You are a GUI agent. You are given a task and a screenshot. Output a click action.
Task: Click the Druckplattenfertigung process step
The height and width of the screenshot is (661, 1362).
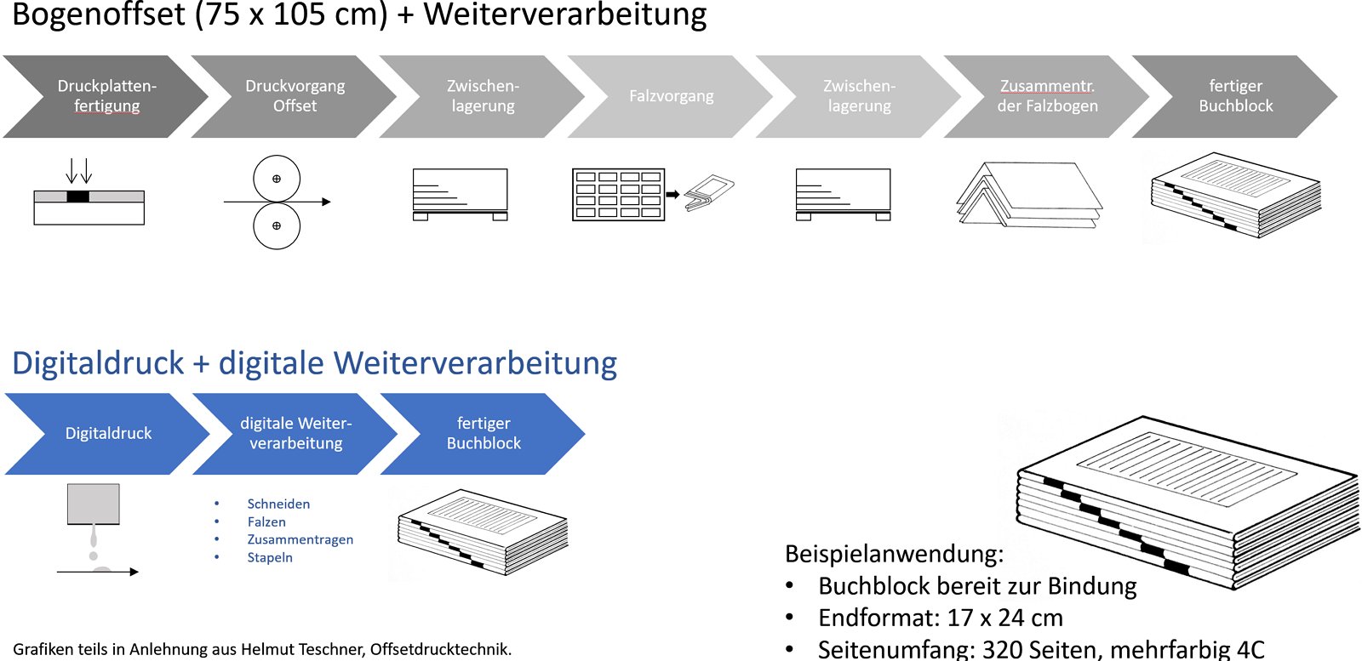[x=106, y=96]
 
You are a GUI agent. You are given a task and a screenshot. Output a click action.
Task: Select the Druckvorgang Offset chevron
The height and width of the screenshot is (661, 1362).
[x=295, y=96]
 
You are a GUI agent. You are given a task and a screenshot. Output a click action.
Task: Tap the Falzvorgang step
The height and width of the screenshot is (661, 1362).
[x=671, y=96]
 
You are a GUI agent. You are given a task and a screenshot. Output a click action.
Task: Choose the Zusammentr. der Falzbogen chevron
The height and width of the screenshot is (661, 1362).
[x=1047, y=96]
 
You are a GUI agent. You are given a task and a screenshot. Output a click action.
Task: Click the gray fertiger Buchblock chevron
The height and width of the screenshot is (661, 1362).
[x=1235, y=96]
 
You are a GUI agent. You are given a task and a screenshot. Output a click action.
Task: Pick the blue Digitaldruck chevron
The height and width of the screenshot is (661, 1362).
[x=108, y=433]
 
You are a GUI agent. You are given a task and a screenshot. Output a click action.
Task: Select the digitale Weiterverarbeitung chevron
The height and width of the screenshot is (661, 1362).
[x=295, y=433]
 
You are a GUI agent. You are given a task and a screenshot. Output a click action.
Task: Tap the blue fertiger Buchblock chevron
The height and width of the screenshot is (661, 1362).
[x=484, y=433]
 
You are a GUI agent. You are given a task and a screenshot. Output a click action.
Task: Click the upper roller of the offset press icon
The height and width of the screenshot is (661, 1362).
[x=277, y=179]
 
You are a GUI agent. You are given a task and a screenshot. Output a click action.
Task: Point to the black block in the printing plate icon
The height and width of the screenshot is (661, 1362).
[x=77, y=197]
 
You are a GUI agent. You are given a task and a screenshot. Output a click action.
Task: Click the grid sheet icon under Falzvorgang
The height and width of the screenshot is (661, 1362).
[x=618, y=195]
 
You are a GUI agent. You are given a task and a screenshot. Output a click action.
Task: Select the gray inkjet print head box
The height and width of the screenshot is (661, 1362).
[x=94, y=504]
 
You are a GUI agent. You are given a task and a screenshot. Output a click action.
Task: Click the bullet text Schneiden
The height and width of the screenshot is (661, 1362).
[x=278, y=504]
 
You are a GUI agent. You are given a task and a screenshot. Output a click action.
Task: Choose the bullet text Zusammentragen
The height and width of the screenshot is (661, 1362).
[x=300, y=539]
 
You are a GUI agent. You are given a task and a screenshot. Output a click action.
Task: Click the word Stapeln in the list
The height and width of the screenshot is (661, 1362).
[x=270, y=557]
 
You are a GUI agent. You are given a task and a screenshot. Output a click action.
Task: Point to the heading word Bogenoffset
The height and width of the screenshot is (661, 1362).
[x=99, y=14]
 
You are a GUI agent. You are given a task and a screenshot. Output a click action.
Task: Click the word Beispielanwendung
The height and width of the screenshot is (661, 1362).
[x=894, y=554]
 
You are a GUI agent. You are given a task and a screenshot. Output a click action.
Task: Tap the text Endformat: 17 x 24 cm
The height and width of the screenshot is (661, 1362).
[x=940, y=618]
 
